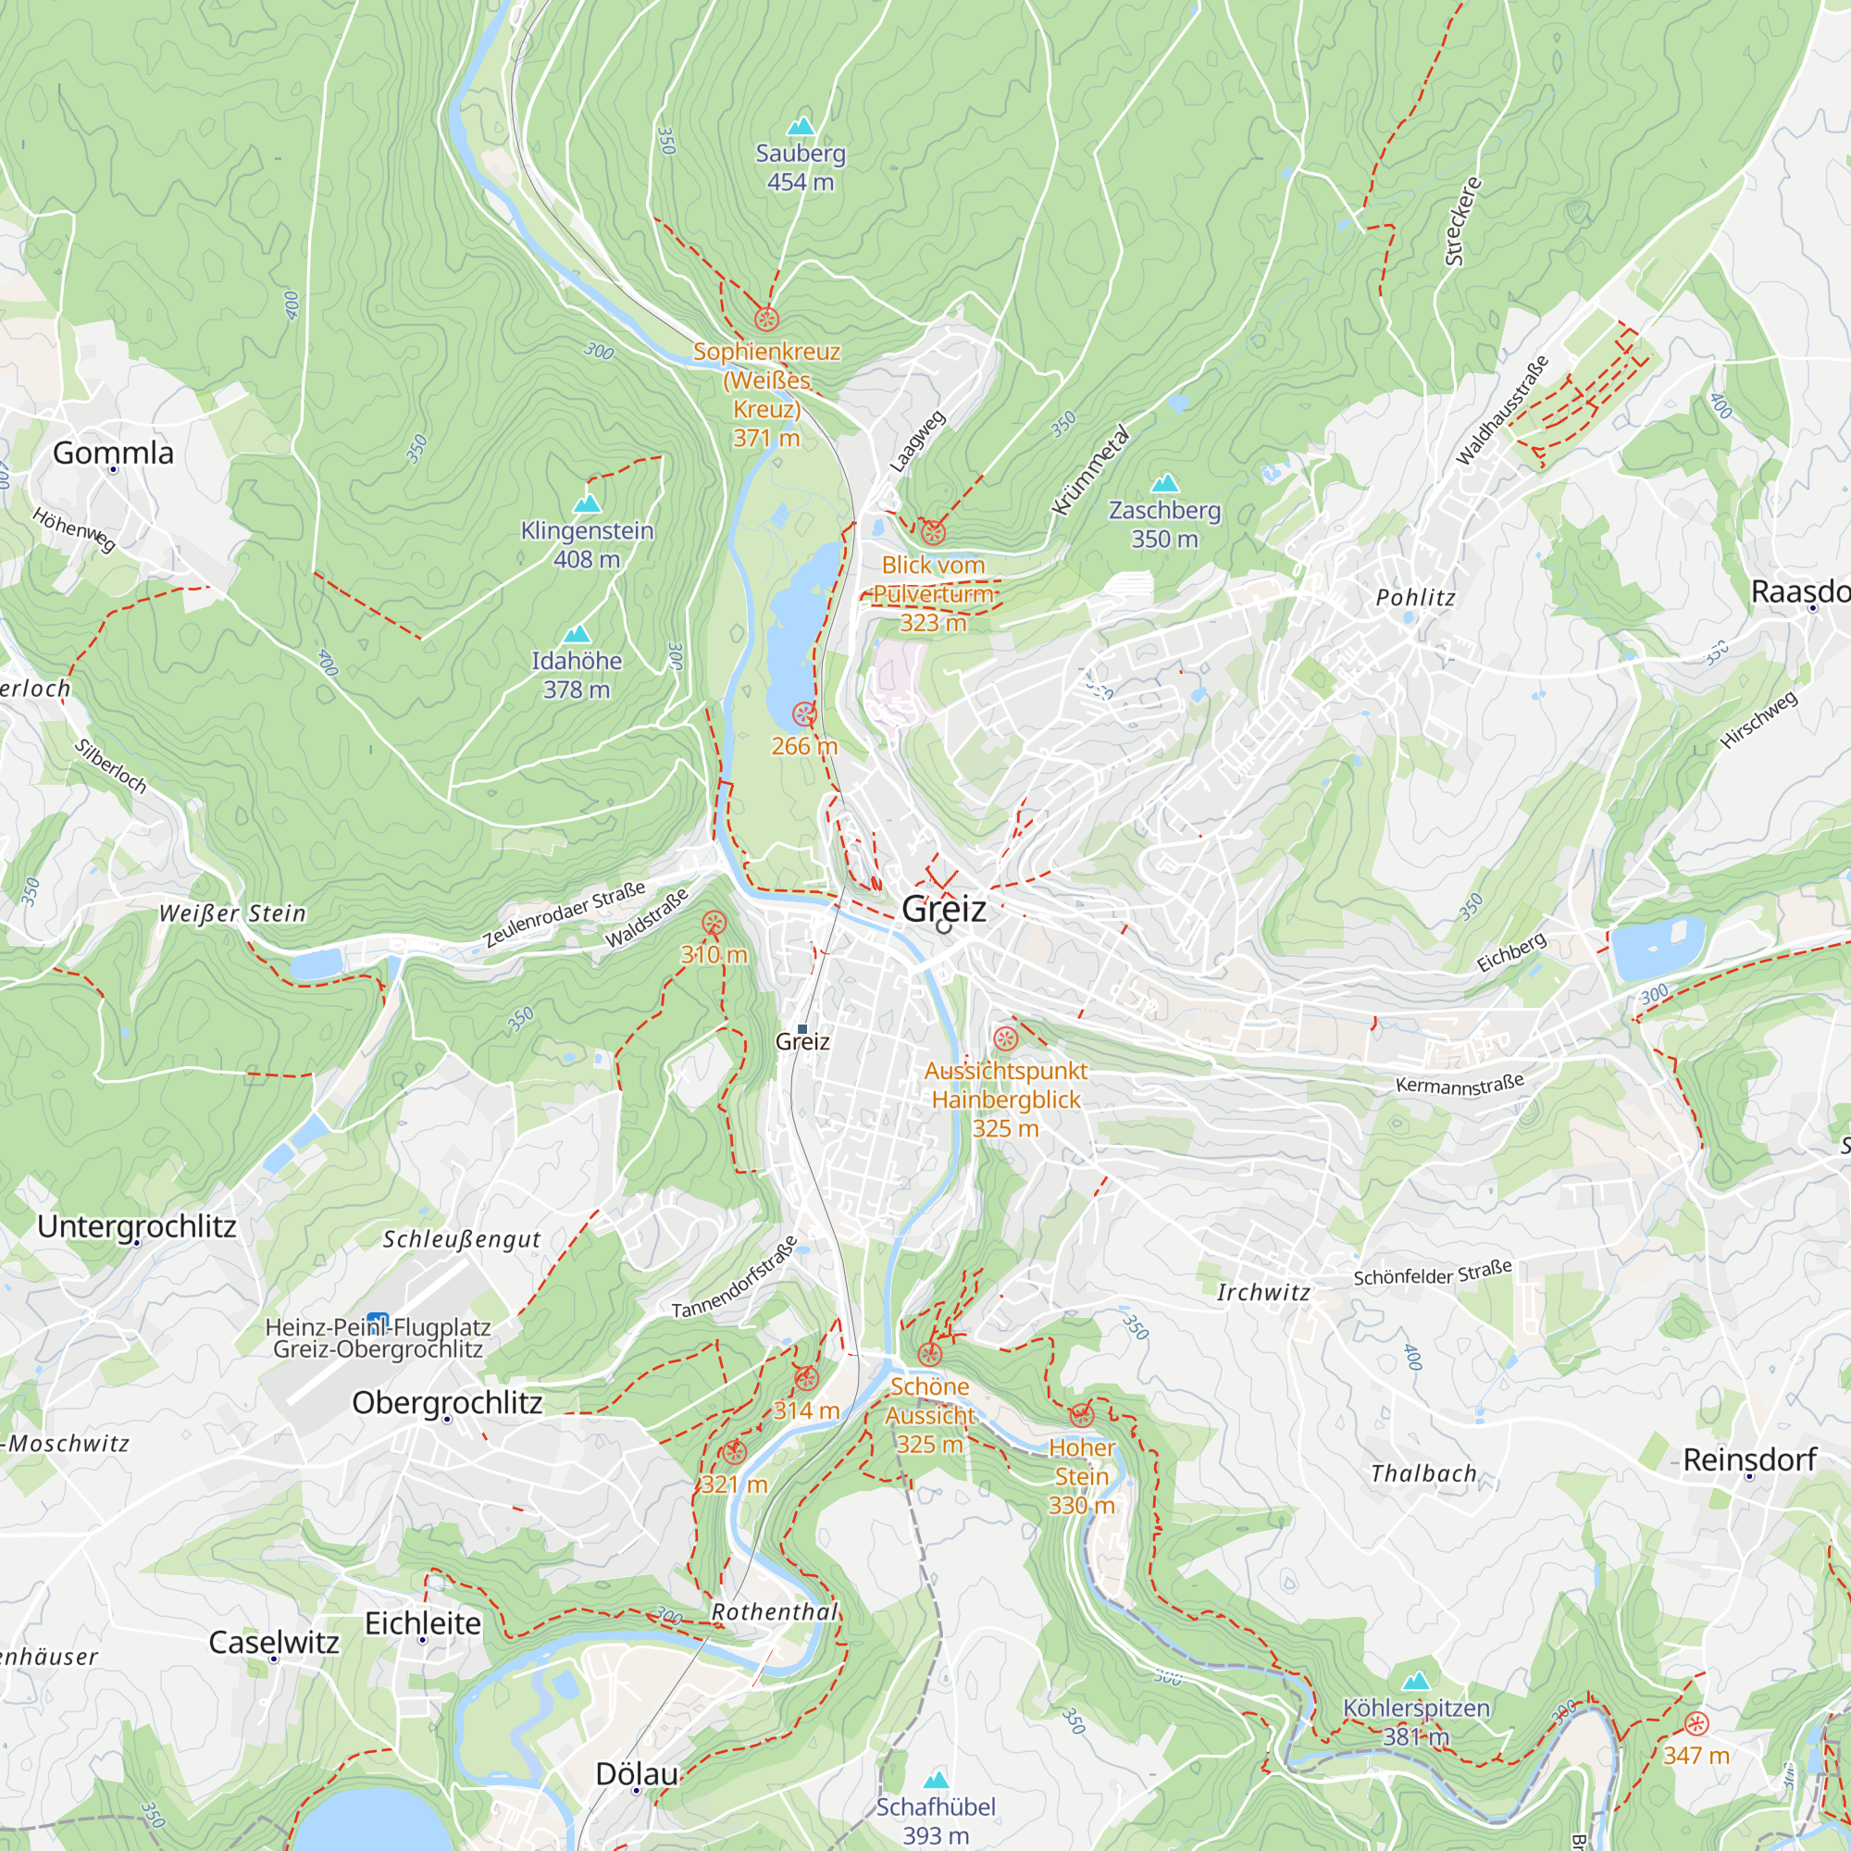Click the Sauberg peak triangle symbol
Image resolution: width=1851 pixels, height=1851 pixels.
coord(800,126)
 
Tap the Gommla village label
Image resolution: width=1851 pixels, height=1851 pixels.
coord(113,453)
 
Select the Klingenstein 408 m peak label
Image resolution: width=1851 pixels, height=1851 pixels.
coord(587,544)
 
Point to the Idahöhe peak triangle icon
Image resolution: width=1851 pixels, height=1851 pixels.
coord(577,633)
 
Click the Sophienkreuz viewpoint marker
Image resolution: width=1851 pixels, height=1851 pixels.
coord(766,319)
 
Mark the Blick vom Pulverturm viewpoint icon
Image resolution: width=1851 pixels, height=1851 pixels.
coord(933,532)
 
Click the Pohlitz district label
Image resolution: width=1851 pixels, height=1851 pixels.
coord(1415,598)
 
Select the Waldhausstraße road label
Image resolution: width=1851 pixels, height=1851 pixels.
coord(1501,411)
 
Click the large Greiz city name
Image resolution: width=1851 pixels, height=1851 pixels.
coord(944,908)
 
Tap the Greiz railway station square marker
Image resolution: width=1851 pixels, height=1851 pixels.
coord(802,1029)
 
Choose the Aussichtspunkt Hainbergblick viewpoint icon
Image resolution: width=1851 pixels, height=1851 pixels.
coord(1005,1038)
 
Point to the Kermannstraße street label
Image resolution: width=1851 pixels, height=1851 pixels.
coord(1460,1084)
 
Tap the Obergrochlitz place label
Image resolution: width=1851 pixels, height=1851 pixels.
coord(446,1403)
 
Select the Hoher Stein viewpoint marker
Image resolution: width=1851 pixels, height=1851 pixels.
coord(1082,1415)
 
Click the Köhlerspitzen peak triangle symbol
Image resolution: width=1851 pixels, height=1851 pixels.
coord(1416,1681)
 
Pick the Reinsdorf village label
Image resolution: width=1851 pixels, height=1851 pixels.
coord(1749,1460)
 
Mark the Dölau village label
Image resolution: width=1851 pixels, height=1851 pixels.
coord(636,1773)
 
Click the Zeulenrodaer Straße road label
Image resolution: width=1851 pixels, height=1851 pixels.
coord(565,914)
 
